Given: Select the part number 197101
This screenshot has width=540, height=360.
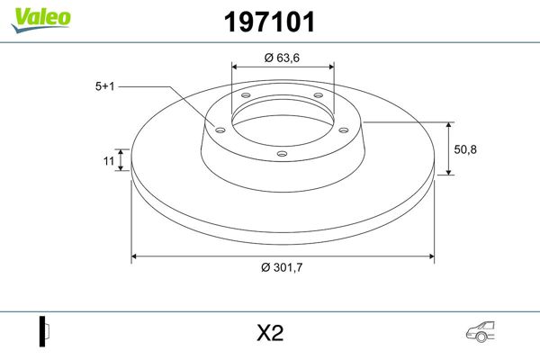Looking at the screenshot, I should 268,22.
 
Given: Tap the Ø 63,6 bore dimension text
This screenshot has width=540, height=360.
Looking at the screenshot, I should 283,58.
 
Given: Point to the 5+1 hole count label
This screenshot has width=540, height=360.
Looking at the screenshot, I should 104,86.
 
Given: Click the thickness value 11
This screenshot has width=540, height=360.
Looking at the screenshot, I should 107,161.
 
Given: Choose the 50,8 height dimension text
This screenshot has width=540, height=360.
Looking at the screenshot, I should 466,148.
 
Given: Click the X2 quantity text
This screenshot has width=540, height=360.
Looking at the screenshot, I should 269,333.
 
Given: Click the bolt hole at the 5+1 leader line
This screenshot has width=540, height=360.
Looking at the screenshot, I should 218,128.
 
